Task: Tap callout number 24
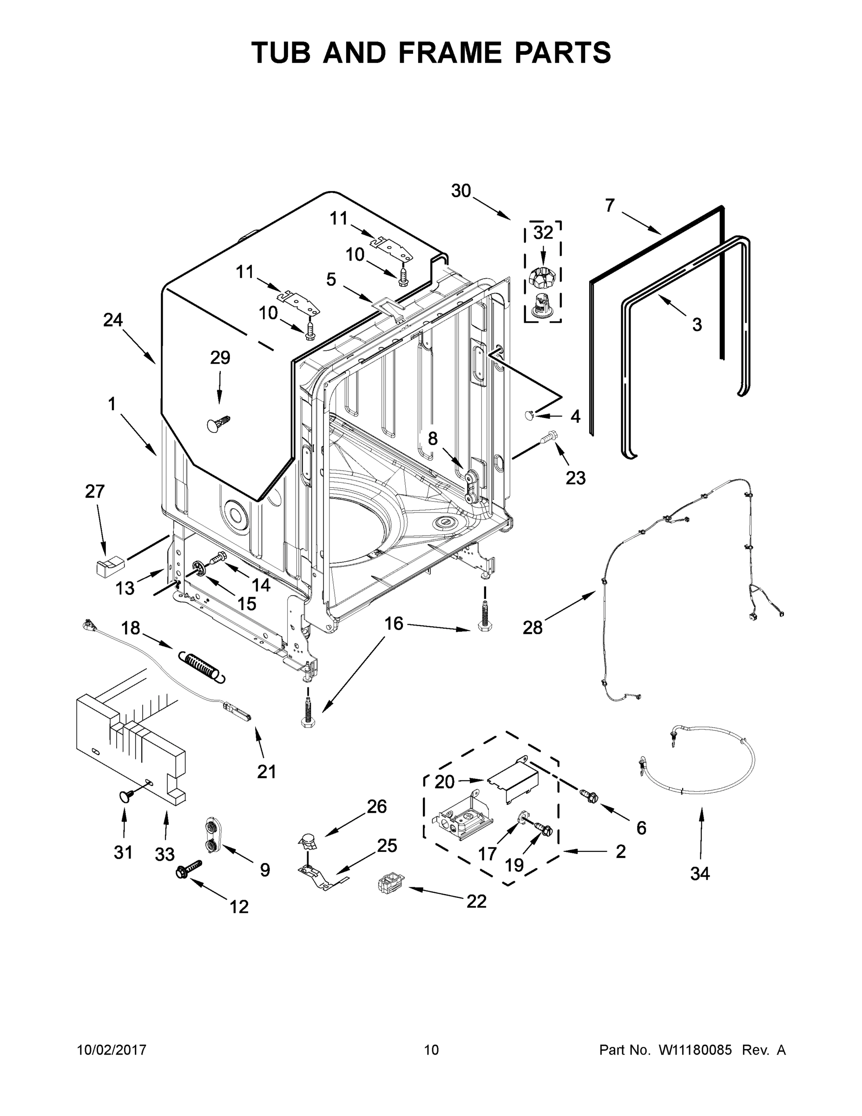[113, 320]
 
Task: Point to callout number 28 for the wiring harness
[532, 627]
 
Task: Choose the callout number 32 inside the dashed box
[543, 232]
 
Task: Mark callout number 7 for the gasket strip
[610, 206]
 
